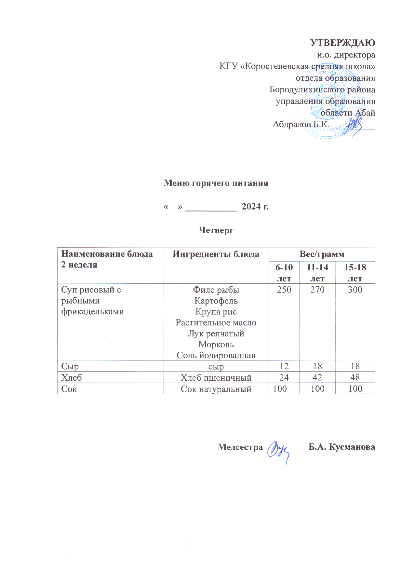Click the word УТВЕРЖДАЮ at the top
pos(342,43)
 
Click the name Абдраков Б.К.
pos(301,124)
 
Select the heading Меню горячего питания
pos(216,183)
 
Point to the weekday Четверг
pos(216,230)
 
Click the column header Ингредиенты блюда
pos(216,254)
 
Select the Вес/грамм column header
pos(322,254)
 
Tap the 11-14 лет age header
pos(317,273)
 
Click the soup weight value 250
pos(284,290)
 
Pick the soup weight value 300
pos(355,290)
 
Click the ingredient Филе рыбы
pos(216,290)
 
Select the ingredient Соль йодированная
pos(216,355)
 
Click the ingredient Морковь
pos(216,344)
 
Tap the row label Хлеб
pos(72,378)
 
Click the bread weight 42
pos(317,377)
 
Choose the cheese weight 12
pos(284,366)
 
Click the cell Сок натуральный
pos(216,389)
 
